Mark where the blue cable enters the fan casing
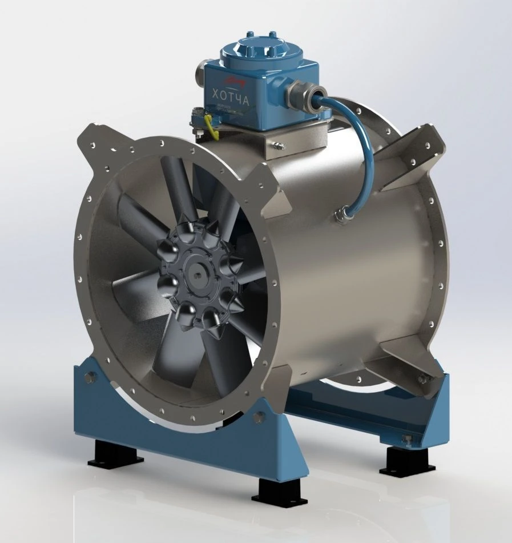(x=343, y=216)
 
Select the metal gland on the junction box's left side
(x=199, y=73)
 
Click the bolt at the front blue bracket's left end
(x=90, y=377)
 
